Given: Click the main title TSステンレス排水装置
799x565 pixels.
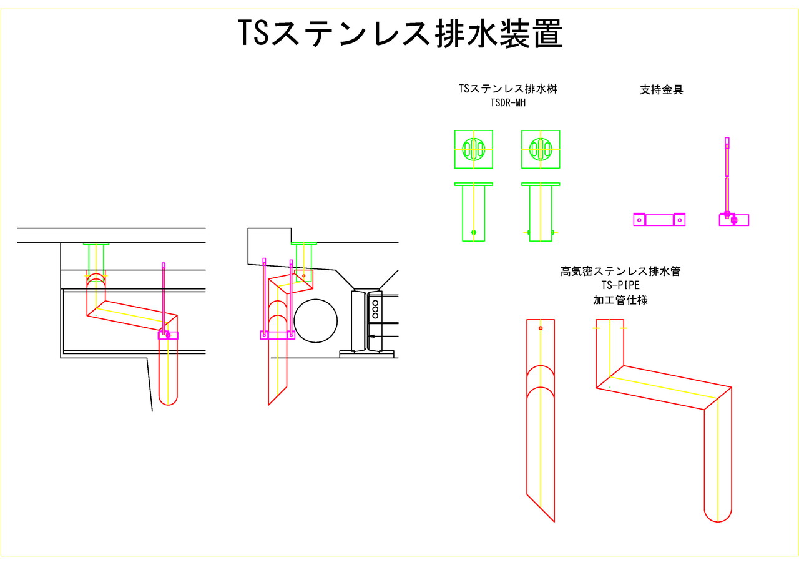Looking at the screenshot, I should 401,34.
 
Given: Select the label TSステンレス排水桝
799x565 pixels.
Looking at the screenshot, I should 507,89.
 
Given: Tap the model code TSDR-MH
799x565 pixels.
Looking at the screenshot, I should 508,103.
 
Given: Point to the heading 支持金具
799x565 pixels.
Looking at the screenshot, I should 662,89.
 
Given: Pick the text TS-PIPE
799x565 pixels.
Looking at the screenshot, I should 620,285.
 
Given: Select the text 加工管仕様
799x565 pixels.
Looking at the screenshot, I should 620,300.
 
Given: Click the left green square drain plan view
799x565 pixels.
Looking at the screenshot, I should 473,149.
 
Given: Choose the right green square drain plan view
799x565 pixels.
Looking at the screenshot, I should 541,149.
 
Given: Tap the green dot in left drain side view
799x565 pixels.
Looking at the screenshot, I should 473,232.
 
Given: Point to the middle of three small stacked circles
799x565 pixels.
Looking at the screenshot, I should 375,308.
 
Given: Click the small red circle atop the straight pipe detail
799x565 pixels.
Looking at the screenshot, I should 541,328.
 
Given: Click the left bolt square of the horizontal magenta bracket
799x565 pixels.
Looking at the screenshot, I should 639,220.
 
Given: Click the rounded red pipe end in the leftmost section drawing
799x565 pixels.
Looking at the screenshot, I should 168,398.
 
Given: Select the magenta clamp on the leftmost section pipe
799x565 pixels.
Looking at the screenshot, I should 168,335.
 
